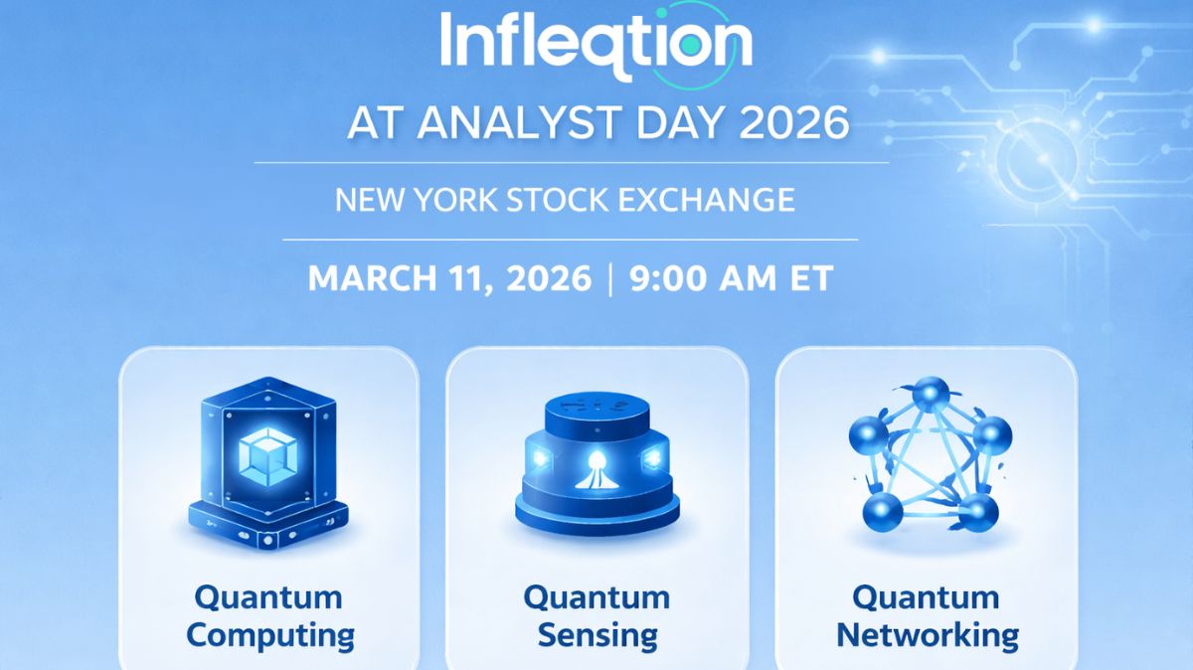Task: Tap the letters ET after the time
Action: coord(808,278)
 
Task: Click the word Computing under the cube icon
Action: coord(269,634)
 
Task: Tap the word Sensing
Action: coord(596,634)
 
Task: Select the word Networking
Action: coord(927,634)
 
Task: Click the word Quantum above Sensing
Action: coord(596,597)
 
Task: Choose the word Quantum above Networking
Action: coord(926,597)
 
